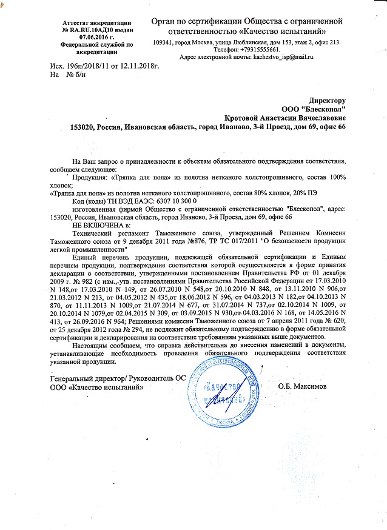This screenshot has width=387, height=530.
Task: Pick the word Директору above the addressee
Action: (327, 99)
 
